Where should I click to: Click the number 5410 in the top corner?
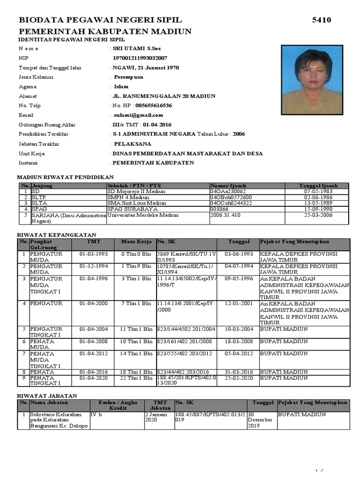322,20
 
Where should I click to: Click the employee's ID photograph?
311,80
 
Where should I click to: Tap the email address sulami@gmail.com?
138,115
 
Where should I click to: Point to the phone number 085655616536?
153,105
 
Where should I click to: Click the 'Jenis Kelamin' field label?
36,77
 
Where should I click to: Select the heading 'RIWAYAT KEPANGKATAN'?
56,234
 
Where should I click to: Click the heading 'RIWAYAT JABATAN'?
47,396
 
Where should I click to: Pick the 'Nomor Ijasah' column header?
228,186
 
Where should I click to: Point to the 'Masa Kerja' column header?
136,242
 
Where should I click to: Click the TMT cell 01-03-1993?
93,254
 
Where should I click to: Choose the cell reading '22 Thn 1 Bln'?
136,378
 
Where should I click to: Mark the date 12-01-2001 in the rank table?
239,304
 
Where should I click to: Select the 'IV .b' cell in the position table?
96,415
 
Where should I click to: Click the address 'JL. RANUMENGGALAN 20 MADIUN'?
164,96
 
